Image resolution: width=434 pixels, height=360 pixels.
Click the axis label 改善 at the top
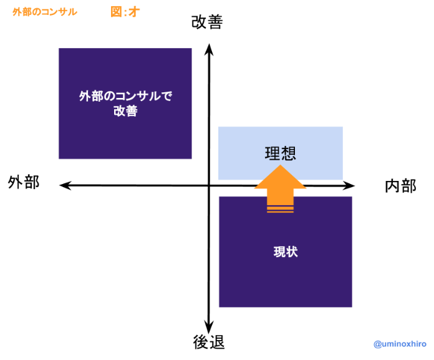207,22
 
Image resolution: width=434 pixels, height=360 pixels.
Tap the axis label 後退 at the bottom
208,342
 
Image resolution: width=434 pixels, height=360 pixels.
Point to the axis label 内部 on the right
400,186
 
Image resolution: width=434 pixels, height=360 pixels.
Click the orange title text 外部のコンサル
45,12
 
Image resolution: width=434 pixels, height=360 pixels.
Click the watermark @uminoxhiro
400,344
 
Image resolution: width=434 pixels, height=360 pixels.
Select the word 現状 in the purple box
286,252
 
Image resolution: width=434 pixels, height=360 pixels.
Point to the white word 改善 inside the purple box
125,112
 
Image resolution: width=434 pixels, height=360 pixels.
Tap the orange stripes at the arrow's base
280,208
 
